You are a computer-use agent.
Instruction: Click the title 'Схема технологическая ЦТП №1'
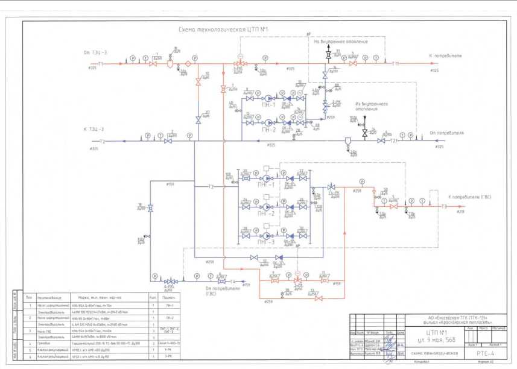click(x=223, y=29)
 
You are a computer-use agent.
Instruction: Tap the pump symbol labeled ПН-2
click(x=268, y=122)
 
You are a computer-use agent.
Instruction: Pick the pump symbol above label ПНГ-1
click(x=266, y=178)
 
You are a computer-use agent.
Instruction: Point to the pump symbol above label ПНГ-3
click(x=266, y=236)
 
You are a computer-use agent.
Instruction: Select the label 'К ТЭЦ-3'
click(x=94, y=130)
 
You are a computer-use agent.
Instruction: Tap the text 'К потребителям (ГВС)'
click(x=474, y=197)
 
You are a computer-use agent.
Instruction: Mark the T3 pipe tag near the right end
click(x=443, y=207)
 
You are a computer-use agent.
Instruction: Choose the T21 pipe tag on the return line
click(x=394, y=141)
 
